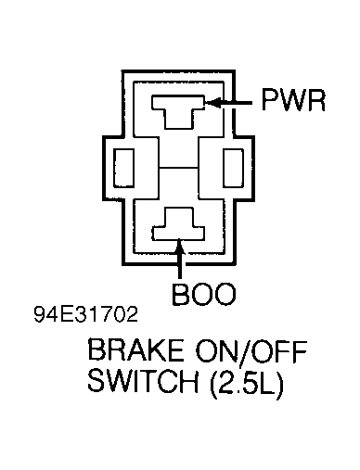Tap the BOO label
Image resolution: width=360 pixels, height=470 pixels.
tap(204, 296)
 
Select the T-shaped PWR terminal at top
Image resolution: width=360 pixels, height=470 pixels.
tap(180, 111)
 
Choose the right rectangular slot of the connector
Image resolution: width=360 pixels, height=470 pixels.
tap(236, 169)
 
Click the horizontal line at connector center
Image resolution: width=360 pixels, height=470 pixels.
tap(179, 169)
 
